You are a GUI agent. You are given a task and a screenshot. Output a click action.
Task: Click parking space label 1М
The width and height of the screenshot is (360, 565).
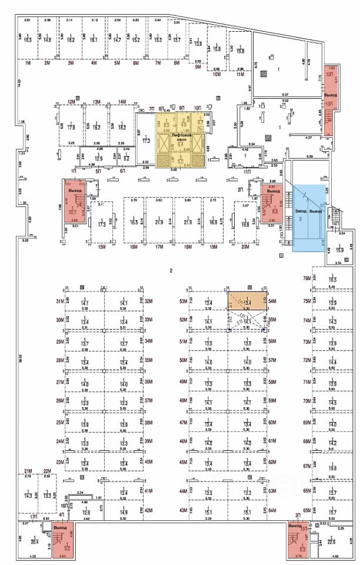tap(28, 62)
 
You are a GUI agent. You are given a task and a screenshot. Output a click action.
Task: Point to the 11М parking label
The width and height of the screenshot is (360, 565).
tap(241, 75)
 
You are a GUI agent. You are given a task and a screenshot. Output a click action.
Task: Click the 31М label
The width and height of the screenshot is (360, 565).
tap(59, 301)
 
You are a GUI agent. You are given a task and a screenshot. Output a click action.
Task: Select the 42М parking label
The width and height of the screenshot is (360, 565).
tap(149, 510)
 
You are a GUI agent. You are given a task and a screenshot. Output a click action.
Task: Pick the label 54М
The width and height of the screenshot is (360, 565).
tap(272, 301)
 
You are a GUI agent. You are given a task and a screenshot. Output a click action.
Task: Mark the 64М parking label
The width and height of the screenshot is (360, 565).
tap(272, 510)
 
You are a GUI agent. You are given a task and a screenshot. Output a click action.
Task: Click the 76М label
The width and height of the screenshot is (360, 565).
tap(306, 278)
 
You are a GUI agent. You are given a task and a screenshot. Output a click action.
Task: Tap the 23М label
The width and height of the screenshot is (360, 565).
tap(59, 463)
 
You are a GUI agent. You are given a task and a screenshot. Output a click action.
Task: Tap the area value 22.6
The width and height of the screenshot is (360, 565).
tap(331, 542)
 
